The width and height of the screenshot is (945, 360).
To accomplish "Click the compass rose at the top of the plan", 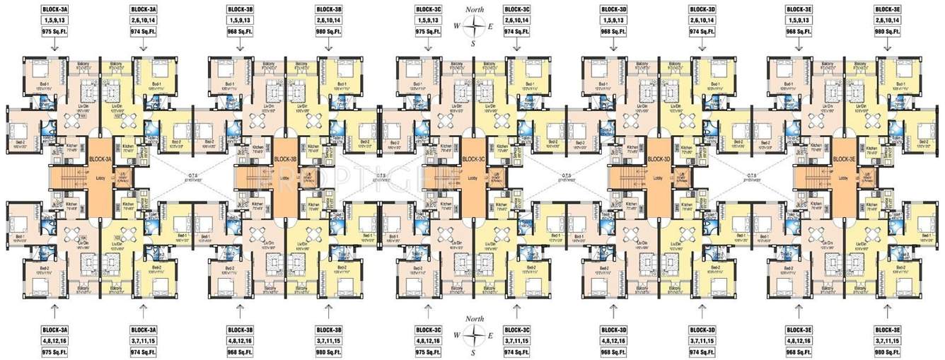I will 473,26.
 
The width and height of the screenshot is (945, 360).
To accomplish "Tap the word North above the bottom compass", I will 473,320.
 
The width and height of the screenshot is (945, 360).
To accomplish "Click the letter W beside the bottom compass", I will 457,335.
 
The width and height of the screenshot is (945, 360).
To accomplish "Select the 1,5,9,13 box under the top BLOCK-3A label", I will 54,20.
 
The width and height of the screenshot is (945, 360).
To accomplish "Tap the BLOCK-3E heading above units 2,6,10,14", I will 888,8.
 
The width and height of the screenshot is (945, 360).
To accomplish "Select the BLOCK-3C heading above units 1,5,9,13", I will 429,8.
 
